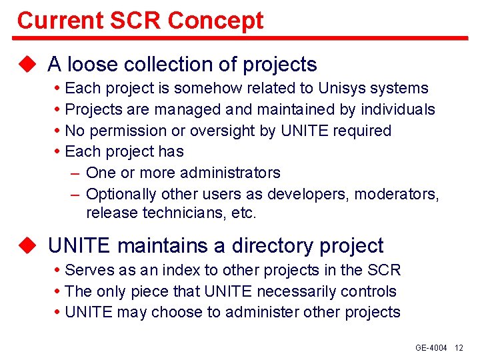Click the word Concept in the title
[215, 21]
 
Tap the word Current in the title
[61, 20]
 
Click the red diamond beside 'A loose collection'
[27, 64]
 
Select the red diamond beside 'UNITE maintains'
[27, 245]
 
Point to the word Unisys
[342, 89]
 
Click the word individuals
[398, 109]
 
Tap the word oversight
[222, 131]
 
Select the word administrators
[230, 173]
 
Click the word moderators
[397, 194]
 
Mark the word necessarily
[296, 291]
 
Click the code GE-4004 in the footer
[431, 348]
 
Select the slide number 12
[459, 348]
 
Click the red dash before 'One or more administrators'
[75, 174]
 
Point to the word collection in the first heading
[169, 64]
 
